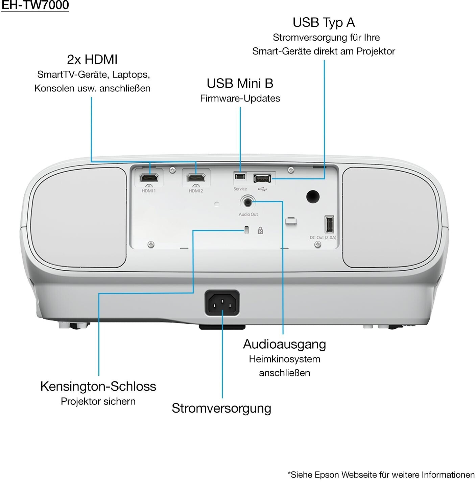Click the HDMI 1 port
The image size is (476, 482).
coord(149,178)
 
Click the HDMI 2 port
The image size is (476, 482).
coord(196,178)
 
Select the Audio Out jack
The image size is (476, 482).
coord(247,202)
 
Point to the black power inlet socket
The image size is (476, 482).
coord(222,303)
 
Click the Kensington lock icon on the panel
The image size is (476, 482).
coord(260,231)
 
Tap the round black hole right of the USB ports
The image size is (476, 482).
coord(313,196)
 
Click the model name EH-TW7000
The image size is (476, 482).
coord(35,5)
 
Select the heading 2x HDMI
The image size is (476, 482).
coord(92,60)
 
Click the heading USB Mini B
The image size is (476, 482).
coord(240,83)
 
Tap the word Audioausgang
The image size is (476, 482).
coord(284,345)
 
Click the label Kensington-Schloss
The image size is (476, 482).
coord(98,387)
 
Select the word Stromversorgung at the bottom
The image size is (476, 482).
coord(221,409)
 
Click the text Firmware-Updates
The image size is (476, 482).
coord(240,98)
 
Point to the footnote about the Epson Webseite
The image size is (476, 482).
coord(381,474)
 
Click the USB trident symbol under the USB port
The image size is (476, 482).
coord(262,189)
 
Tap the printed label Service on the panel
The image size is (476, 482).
coord(240,189)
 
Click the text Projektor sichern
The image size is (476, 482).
coord(98,401)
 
